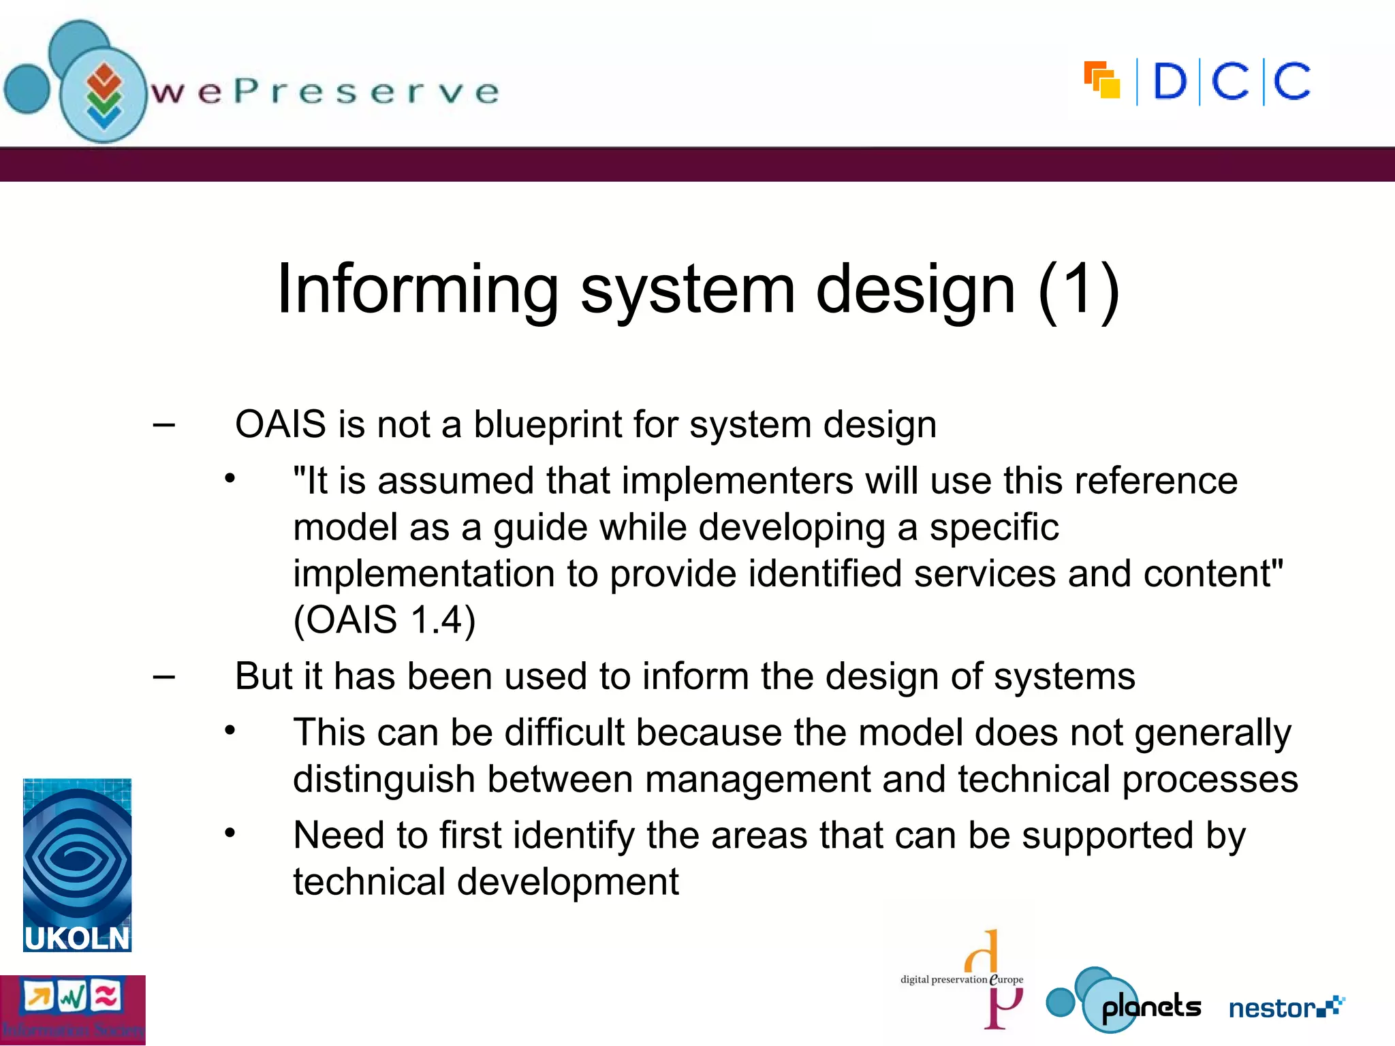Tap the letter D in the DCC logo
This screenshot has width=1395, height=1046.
(x=1170, y=82)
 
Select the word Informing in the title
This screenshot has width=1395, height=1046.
(x=418, y=289)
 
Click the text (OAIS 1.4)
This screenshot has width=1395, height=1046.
(x=384, y=620)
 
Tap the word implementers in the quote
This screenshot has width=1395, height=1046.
(x=737, y=481)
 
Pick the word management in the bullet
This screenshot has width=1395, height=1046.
(x=757, y=780)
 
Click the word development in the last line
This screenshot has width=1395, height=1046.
(x=567, y=882)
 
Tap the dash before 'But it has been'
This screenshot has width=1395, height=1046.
(x=164, y=677)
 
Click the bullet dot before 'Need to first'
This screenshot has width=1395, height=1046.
(x=230, y=833)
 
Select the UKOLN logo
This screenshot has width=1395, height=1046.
(x=77, y=865)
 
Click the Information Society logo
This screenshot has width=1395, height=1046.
(x=72, y=1009)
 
